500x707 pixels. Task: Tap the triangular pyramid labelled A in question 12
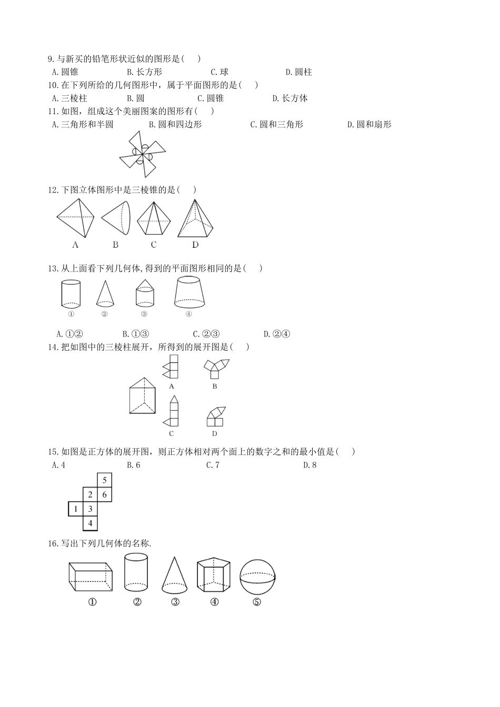(76, 218)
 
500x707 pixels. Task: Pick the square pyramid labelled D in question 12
(195, 219)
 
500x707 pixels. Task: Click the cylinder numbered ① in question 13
(71, 294)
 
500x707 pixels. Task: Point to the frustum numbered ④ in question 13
(189, 292)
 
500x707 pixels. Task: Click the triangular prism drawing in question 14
(143, 395)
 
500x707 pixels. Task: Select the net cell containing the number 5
(105, 480)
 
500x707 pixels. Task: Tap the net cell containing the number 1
(76, 509)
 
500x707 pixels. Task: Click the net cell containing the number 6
(105, 494)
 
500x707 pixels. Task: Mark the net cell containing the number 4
(91, 523)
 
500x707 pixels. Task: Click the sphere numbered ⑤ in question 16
(257, 577)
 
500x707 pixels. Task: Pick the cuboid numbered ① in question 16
(91, 577)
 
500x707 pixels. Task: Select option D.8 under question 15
(310, 465)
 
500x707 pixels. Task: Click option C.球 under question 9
(219, 72)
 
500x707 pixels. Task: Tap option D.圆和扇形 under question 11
(369, 125)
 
